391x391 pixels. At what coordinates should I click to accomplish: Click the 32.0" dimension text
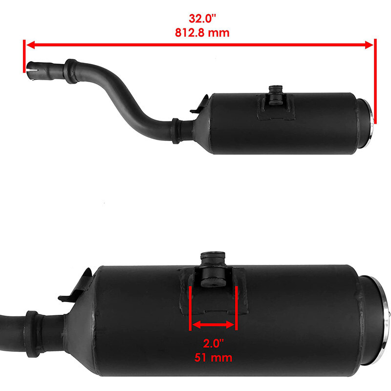202,19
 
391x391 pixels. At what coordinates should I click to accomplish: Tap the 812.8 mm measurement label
202,33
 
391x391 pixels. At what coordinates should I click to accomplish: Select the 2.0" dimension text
214,344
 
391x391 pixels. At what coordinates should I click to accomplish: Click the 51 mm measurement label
213,358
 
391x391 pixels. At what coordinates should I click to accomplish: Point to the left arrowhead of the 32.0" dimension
30,45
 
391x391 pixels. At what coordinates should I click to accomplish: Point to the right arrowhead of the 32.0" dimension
369,45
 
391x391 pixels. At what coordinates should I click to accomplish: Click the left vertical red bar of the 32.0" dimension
24,56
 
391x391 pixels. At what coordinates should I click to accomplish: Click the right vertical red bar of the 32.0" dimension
375,81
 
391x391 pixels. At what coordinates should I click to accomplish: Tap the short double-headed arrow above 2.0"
213,325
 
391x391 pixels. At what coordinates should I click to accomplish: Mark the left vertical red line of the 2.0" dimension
190,308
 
